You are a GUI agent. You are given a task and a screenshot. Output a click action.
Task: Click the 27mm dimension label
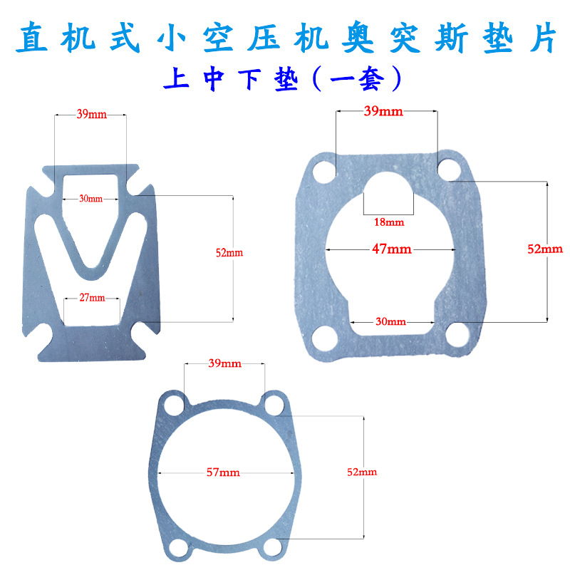point(91,297)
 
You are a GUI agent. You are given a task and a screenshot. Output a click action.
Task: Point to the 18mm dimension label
point(389,222)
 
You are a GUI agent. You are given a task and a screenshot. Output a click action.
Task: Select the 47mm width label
point(390,249)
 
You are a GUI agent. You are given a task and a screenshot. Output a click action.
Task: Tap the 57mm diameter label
point(224,472)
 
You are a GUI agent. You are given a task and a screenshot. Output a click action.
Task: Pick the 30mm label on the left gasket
point(90,198)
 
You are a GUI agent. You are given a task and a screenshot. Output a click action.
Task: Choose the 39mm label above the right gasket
point(383,111)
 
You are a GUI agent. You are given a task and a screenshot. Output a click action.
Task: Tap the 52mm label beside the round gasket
point(362,472)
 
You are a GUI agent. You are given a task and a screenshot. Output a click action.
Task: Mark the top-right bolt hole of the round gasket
point(273,405)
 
